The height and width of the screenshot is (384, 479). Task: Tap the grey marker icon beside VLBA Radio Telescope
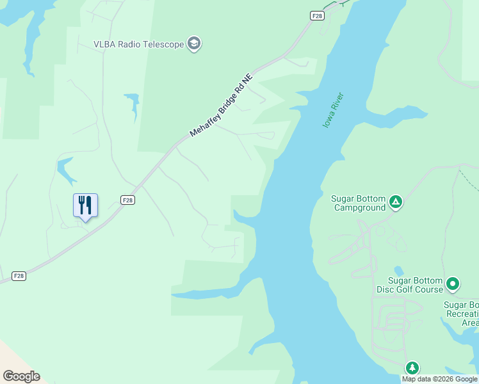(194, 44)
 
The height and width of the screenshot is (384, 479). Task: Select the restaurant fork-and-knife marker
(85, 205)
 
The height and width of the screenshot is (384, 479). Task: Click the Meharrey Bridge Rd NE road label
(222, 106)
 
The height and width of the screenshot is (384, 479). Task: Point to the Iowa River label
(333, 110)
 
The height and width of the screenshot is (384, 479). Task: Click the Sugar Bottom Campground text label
(359, 203)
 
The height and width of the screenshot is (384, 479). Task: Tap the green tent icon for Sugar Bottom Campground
(396, 203)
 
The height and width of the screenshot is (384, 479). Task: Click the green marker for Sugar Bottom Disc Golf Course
(453, 283)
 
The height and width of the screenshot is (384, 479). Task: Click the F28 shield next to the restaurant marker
(127, 200)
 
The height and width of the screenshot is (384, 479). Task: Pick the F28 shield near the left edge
(19, 276)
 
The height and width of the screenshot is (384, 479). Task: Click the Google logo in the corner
(21, 376)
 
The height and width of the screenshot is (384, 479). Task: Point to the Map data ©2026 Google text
(439, 379)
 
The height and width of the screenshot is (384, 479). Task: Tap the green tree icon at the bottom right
(412, 367)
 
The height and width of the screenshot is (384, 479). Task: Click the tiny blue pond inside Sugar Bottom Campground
(399, 271)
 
